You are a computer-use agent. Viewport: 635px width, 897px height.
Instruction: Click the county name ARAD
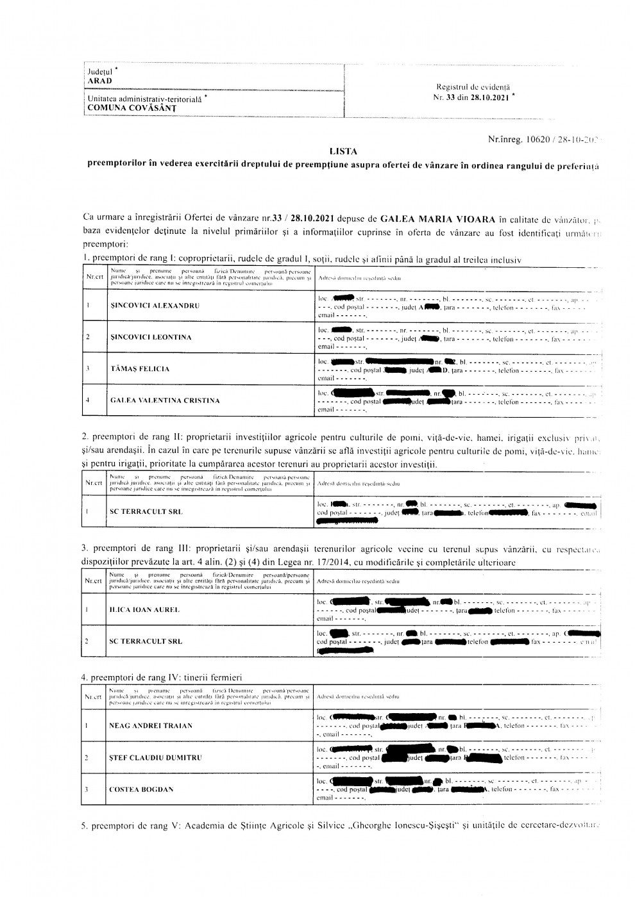[x=99, y=81]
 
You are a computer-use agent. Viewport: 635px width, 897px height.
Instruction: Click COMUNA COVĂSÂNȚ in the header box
[x=132, y=108]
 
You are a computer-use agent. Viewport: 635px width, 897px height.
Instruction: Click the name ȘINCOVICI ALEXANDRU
[x=154, y=306]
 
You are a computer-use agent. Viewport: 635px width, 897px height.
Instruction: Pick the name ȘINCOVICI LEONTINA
[x=150, y=337]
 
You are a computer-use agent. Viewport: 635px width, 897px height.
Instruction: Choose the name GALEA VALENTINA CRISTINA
[x=165, y=400]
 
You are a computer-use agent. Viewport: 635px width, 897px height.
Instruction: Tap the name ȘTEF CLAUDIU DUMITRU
[x=155, y=757]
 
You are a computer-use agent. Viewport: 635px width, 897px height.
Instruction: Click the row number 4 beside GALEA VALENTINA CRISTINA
[x=87, y=400]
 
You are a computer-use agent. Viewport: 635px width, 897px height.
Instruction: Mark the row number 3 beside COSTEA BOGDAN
[x=87, y=789]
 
